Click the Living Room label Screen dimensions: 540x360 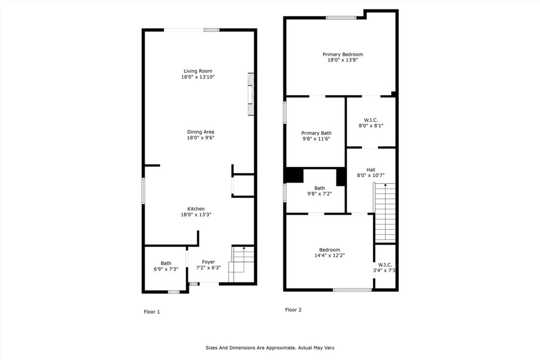tap(198, 71)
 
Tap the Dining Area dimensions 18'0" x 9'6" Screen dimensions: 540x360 tap(201, 138)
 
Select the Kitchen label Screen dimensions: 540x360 tap(196, 209)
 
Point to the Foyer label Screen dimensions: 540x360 tap(208, 262)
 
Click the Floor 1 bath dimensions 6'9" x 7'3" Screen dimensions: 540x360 tap(166, 269)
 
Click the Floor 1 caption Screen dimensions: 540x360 tap(151, 312)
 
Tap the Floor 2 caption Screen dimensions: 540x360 tap(293, 310)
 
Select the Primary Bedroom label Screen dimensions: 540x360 tap(343, 54)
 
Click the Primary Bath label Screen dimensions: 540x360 tap(316, 133)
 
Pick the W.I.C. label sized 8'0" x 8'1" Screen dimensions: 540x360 tap(371, 120)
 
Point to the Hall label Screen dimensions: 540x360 tap(371, 170)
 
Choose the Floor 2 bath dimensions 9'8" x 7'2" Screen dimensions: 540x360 tap(320, 194)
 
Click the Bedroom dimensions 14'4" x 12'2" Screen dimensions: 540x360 tap(330, 255)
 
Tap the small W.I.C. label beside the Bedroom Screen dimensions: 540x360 tap(385, 265)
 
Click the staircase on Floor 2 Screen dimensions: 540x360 tap(384, 212)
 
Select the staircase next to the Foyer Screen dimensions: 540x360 tap(242, 264)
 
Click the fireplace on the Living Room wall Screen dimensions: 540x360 tap(251, 94)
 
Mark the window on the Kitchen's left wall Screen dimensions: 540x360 tap(143, 191)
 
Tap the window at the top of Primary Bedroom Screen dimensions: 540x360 tap(341, 18)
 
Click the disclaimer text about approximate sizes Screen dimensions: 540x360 tap(270, 347)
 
